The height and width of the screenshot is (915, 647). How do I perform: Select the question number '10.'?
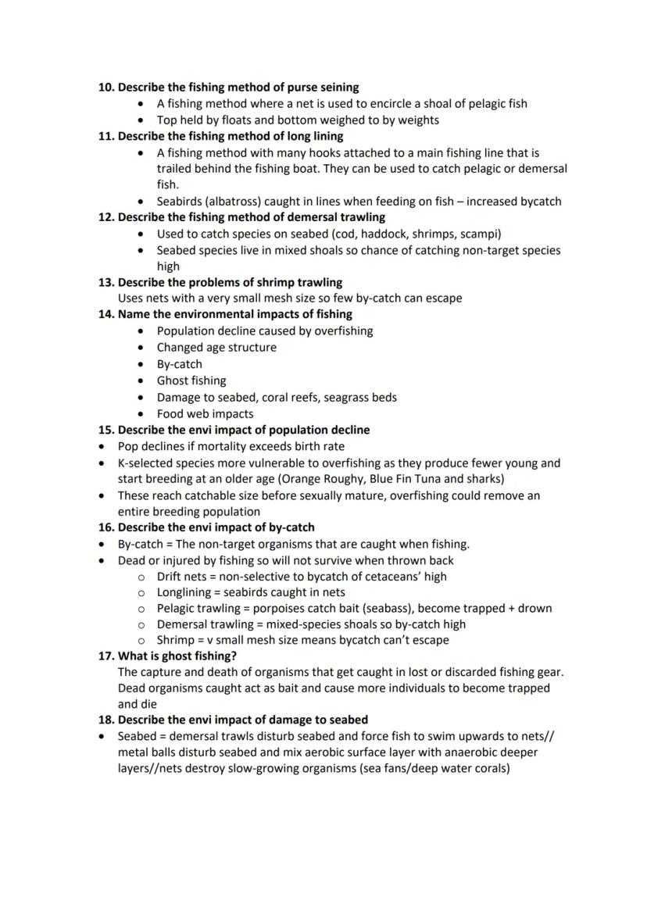click(x=106, y=88)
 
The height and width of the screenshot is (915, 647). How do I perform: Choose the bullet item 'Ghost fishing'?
click(x=191, y=381)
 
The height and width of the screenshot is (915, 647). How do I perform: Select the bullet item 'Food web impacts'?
click(x=205, y=414)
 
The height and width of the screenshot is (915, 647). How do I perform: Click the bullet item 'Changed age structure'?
click(x=216, y=348)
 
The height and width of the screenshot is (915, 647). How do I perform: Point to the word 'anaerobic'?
click(x=467, y=752)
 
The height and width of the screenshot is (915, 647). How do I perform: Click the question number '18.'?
click(x=106, y=720)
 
